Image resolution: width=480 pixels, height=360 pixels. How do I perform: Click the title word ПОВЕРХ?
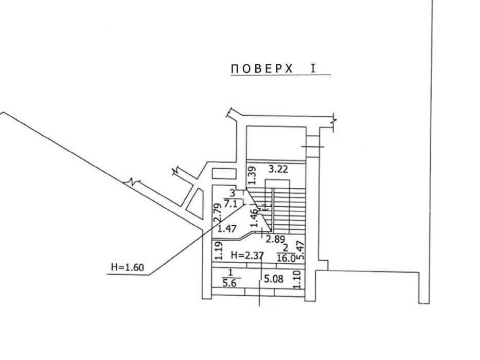262,69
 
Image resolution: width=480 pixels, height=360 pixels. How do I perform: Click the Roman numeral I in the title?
313,68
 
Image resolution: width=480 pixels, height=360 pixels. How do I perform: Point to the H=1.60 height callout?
128,267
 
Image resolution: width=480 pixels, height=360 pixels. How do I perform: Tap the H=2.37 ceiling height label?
247,255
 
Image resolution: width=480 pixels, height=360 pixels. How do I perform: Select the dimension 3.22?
278,169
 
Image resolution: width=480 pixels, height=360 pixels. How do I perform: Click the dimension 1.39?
252,175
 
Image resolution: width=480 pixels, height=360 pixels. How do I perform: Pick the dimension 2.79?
217,213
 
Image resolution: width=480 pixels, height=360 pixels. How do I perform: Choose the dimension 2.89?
275,239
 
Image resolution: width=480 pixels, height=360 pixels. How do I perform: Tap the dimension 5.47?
301,250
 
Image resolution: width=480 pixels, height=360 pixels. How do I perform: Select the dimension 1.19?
218,251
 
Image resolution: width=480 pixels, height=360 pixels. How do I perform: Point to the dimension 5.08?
274,279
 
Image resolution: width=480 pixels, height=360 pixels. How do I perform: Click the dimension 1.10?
297,279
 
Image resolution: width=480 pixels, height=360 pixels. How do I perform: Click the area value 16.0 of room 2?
286,258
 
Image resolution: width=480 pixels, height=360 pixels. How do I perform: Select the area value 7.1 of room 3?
230,203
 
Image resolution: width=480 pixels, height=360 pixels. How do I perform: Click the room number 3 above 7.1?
233,193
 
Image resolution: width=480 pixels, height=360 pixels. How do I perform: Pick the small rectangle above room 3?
224,173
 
